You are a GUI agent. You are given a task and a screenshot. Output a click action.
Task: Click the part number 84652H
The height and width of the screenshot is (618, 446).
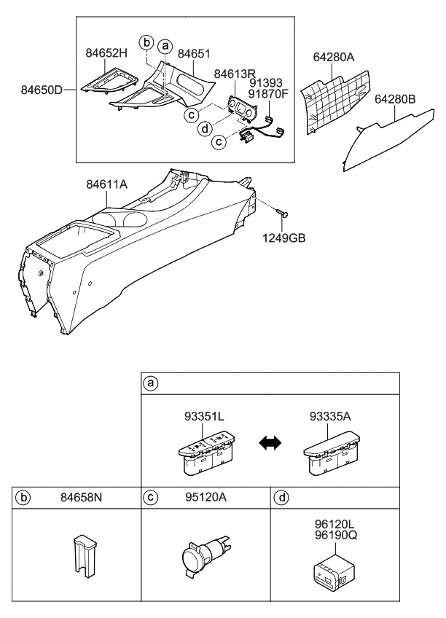click(107, 53)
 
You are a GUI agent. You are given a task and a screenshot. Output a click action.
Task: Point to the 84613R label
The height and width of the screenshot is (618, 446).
click(235, 74)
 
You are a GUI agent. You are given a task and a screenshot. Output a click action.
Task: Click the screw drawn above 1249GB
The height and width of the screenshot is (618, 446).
click(283, 213)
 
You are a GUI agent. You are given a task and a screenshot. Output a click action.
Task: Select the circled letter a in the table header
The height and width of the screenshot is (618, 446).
click(152, 383)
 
